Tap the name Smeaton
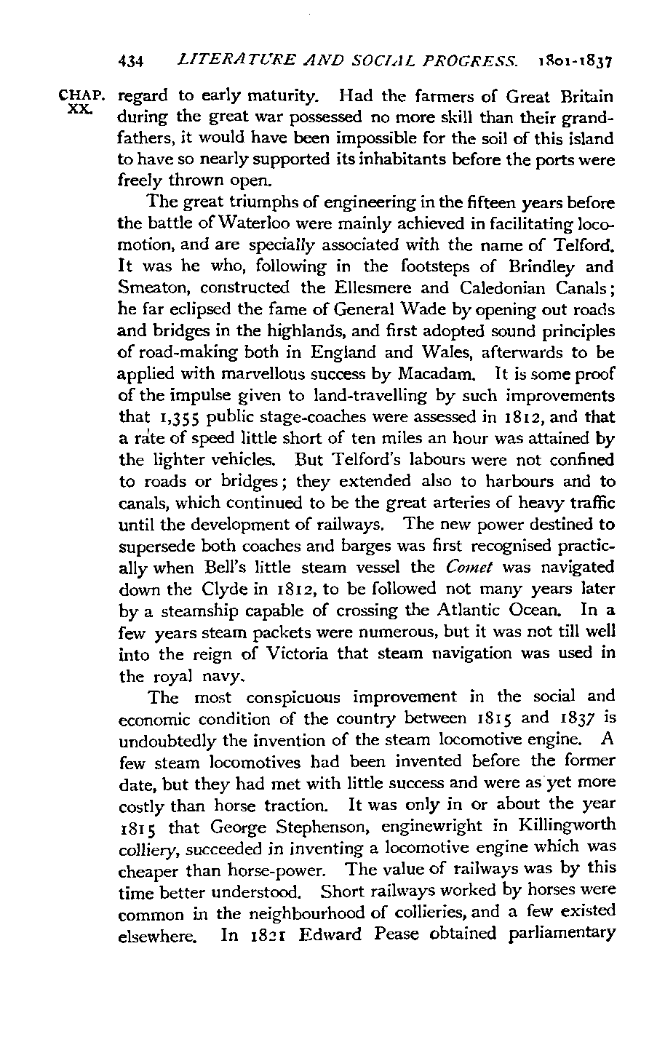pyautogui.click(x=151, y=288)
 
